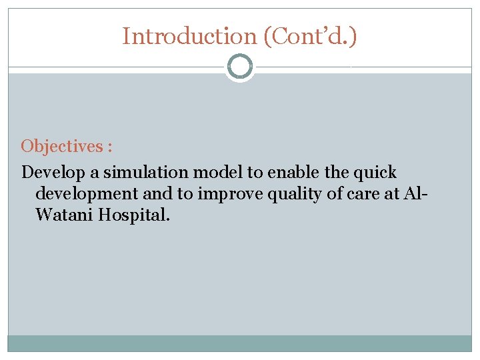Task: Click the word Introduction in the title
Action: coord(189,36)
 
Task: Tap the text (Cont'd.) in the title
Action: coord(310,36)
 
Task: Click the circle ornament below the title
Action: coord(240,67)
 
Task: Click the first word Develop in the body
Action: coord(53,173)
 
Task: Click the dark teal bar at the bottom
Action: coord(240,343)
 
